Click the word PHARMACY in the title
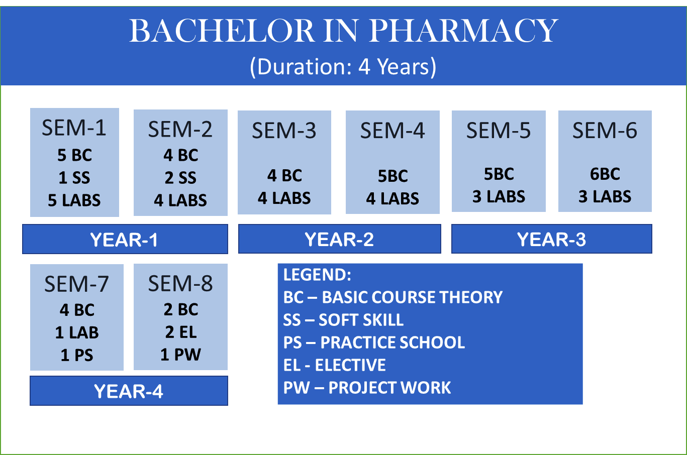tap(463, 31)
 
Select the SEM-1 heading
tap(74, 128)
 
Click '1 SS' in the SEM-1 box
tap(74, 177)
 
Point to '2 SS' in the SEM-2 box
tap(180, 178)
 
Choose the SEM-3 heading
tap(284, 131)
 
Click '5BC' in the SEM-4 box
tap(393, 176)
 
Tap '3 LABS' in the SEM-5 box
tap(499, 196)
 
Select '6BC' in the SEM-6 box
tap(605, 174)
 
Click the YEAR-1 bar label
tap(124, 239)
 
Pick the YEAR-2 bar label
tap(339, 239)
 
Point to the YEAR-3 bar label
tap(551, 239)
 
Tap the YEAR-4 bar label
tap(129, 391)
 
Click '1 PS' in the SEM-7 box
tap(77, 355)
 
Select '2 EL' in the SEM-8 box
tap(180, 332)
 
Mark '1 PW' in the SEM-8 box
tap(180, 355)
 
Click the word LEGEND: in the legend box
tap(317, 275)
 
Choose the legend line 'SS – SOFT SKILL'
tap(343, 320)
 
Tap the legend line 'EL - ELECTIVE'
tap(334, 365)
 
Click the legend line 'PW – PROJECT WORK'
tap(367, 388)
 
